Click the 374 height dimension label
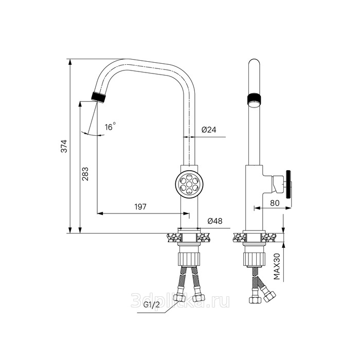coord(64,146)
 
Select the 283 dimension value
coord(85,174)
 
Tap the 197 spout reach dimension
coord(140,207)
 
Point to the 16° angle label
coord(110,127)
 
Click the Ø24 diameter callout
coord(209,130)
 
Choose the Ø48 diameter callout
coord(215,221)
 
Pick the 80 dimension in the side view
coord(275,203)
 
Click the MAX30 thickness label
coord(277,266)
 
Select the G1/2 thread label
coord(152,305)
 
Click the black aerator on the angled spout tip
coord(99,97)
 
